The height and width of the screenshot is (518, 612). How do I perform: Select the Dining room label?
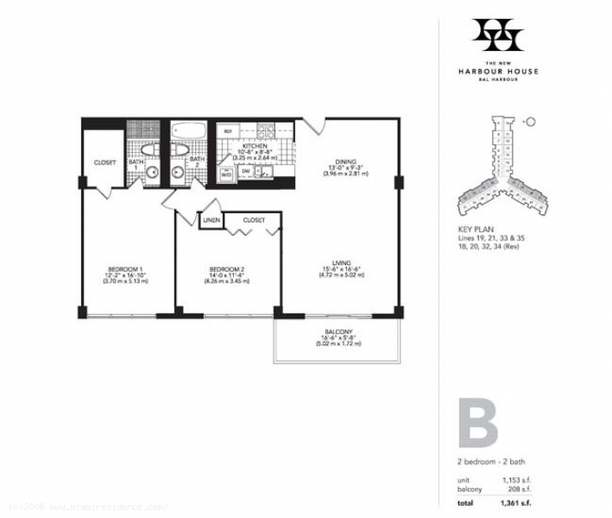346,161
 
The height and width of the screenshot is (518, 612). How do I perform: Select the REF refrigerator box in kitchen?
229,131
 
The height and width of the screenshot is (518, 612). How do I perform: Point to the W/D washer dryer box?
227,174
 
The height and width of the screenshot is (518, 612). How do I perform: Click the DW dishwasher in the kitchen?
246,172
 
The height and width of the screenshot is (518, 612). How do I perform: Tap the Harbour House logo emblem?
497,35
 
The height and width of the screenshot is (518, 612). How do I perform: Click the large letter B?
477,423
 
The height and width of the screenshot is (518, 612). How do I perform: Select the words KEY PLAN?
476,229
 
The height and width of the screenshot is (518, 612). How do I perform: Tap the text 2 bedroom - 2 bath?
489,462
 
